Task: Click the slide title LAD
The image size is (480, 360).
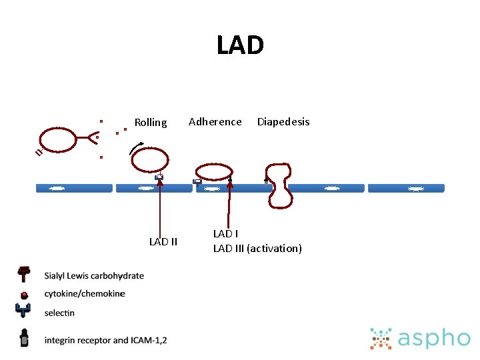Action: tap(240, 46)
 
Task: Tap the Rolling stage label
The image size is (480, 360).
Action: tap(151, 122)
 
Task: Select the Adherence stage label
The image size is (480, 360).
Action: tap(215, 121)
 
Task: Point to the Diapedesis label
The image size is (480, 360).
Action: tap(283, 121)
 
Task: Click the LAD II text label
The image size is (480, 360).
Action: tap(163, 241)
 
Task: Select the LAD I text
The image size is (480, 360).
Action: tap(225, 233)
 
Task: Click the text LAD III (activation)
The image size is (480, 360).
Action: tap(257, 248)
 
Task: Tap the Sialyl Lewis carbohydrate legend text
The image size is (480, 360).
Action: tap(94, 276)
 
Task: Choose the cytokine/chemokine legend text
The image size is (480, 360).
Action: tap(85, 293)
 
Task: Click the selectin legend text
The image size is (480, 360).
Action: tap(59, 313)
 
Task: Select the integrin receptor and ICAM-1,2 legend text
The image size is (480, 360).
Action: tap(105, 340)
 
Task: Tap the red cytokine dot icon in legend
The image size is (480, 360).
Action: tap(24, 294)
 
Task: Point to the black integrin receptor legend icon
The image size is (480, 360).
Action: tap(24, 338)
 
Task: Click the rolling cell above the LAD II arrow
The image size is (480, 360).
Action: tap(149, 160)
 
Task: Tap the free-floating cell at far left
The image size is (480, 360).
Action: tap(61, 139)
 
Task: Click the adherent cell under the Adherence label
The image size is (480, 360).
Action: tap(213, 172)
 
